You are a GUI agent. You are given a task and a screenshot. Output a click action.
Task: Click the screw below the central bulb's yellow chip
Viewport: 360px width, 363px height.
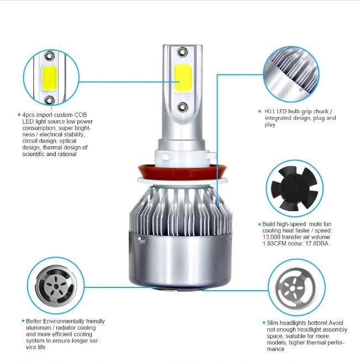coord(182,106)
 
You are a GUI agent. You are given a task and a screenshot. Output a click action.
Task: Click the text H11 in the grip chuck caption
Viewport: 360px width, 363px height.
coord(270,111)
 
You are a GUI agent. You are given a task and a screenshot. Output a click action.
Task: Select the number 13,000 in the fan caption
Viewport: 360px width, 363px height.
coord(272,237)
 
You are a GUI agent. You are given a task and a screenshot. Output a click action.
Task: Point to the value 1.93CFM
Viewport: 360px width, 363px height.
coord(276,244)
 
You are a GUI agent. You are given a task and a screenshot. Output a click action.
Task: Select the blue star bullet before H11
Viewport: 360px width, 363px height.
coord(259,111)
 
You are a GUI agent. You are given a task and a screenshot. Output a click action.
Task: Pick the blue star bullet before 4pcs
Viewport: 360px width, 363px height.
coord(18,115)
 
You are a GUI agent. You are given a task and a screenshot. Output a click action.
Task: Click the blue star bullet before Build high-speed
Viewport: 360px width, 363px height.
coord(258,224)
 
